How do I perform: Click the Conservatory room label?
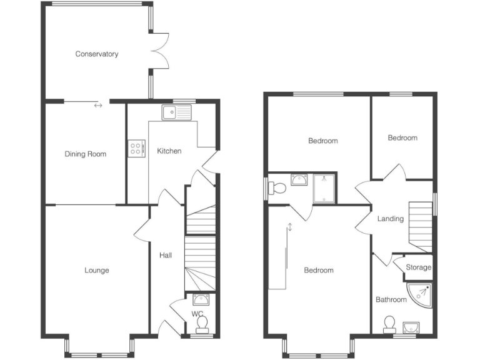coord(97,54)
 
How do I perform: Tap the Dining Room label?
coord(86,154)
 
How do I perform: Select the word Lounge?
coord(97,271)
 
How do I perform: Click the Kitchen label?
coord(169,151)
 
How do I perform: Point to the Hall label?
coord(166,255)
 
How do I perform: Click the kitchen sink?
coord(177,112)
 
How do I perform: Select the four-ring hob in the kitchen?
coord(136,148)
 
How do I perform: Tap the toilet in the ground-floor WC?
coord(202,324)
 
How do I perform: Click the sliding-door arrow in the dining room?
coord(98,105)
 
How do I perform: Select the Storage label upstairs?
coord(418,267)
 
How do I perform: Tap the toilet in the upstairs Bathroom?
coord(390,324)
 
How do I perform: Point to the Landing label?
coord(391,219)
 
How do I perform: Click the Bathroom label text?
coord(391,300)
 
